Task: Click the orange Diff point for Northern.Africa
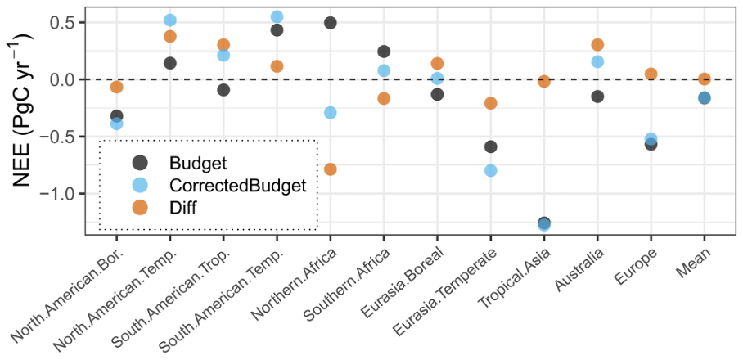[331, 169]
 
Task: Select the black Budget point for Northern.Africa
[331, 23]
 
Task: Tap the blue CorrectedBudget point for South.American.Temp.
[277, 17]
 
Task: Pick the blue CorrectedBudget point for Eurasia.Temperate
[491, 171]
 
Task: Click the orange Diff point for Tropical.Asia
[544, 81]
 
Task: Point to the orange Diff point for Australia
[597, 45]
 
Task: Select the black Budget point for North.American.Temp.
[170, 63]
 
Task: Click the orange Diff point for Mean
[704, 79]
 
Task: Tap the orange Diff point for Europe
[651, 74]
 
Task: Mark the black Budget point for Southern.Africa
[384, 52]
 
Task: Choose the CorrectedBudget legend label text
[237, 186]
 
